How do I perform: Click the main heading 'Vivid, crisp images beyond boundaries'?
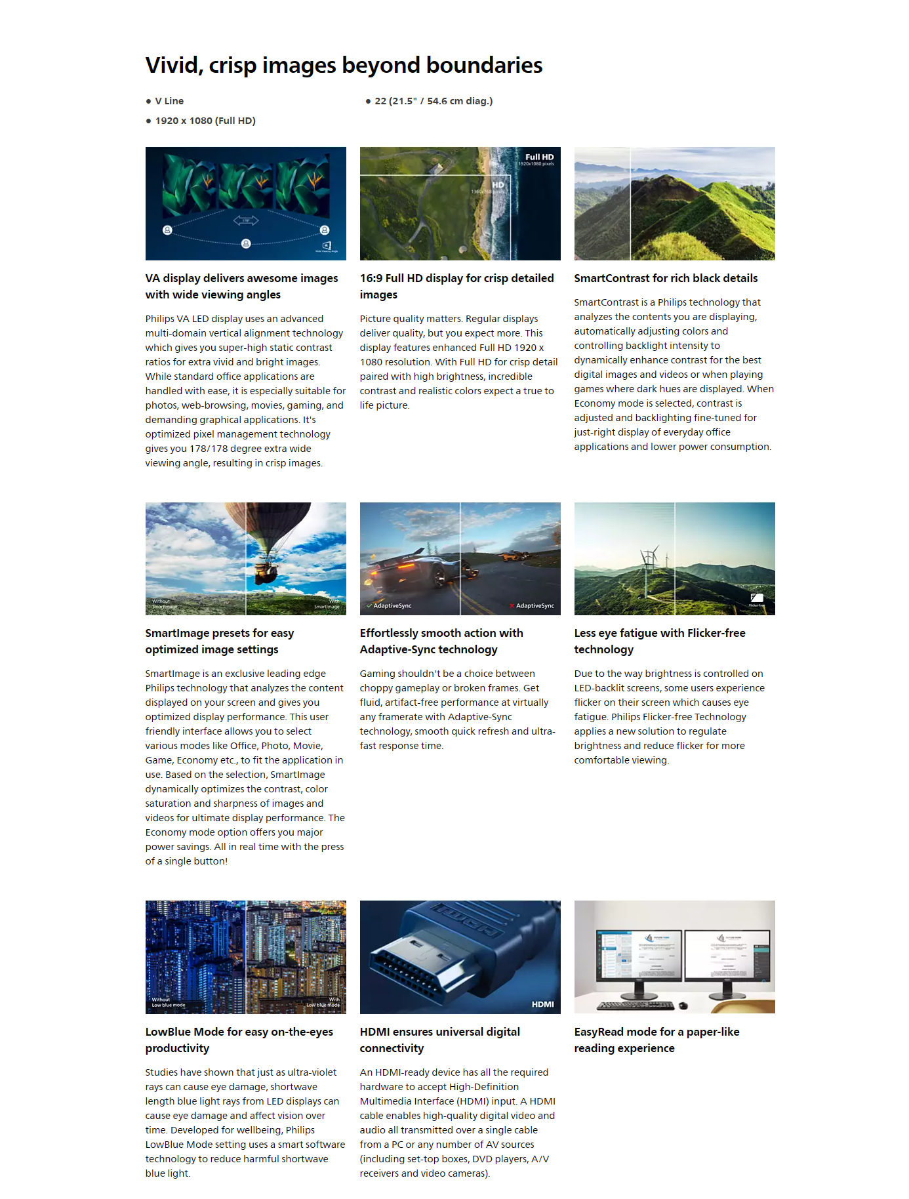pos(344,66)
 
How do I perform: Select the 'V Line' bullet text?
pos(169,101)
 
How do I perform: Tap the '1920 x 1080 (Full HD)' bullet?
pos(205,121)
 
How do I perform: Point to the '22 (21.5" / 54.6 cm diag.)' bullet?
pos(434,101)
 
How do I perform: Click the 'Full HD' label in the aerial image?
pos(539,157)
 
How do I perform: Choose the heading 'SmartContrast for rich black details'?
pos(666,278)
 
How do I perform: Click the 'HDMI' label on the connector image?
pos(542,1004)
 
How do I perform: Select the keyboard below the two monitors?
pos(635,1006)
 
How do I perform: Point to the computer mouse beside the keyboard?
pos(683,1006)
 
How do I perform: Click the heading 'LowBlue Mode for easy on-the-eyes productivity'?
pos(239,1040)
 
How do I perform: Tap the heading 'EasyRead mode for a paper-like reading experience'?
pos(656,1040)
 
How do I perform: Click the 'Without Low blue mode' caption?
pos(168,1002)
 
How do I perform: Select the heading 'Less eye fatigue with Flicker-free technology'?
pos(660,641)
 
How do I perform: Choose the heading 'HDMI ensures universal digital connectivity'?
pos(439,1040)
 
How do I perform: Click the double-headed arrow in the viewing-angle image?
pos(246,220)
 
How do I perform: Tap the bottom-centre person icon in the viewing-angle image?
pos(246,244)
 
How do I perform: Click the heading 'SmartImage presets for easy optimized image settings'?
pos(219,641)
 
